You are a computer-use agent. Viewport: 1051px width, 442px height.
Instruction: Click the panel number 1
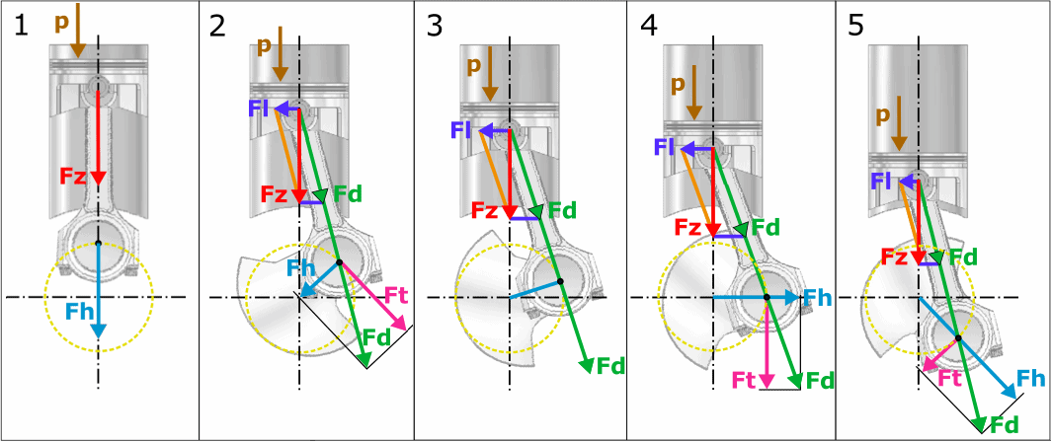point(23,27)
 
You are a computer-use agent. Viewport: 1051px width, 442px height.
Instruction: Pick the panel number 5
point(858,27)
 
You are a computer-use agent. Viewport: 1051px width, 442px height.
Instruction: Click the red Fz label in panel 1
point(74,178)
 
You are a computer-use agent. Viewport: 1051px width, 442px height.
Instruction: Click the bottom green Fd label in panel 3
point(611,366)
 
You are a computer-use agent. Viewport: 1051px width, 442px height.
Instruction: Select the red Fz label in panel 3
point(485,210)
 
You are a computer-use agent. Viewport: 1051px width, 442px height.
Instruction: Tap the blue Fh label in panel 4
point(816,297)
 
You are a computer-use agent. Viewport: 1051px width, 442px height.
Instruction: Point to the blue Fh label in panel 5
point(1031,378)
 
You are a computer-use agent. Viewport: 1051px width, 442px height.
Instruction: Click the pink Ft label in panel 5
point(949,378)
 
